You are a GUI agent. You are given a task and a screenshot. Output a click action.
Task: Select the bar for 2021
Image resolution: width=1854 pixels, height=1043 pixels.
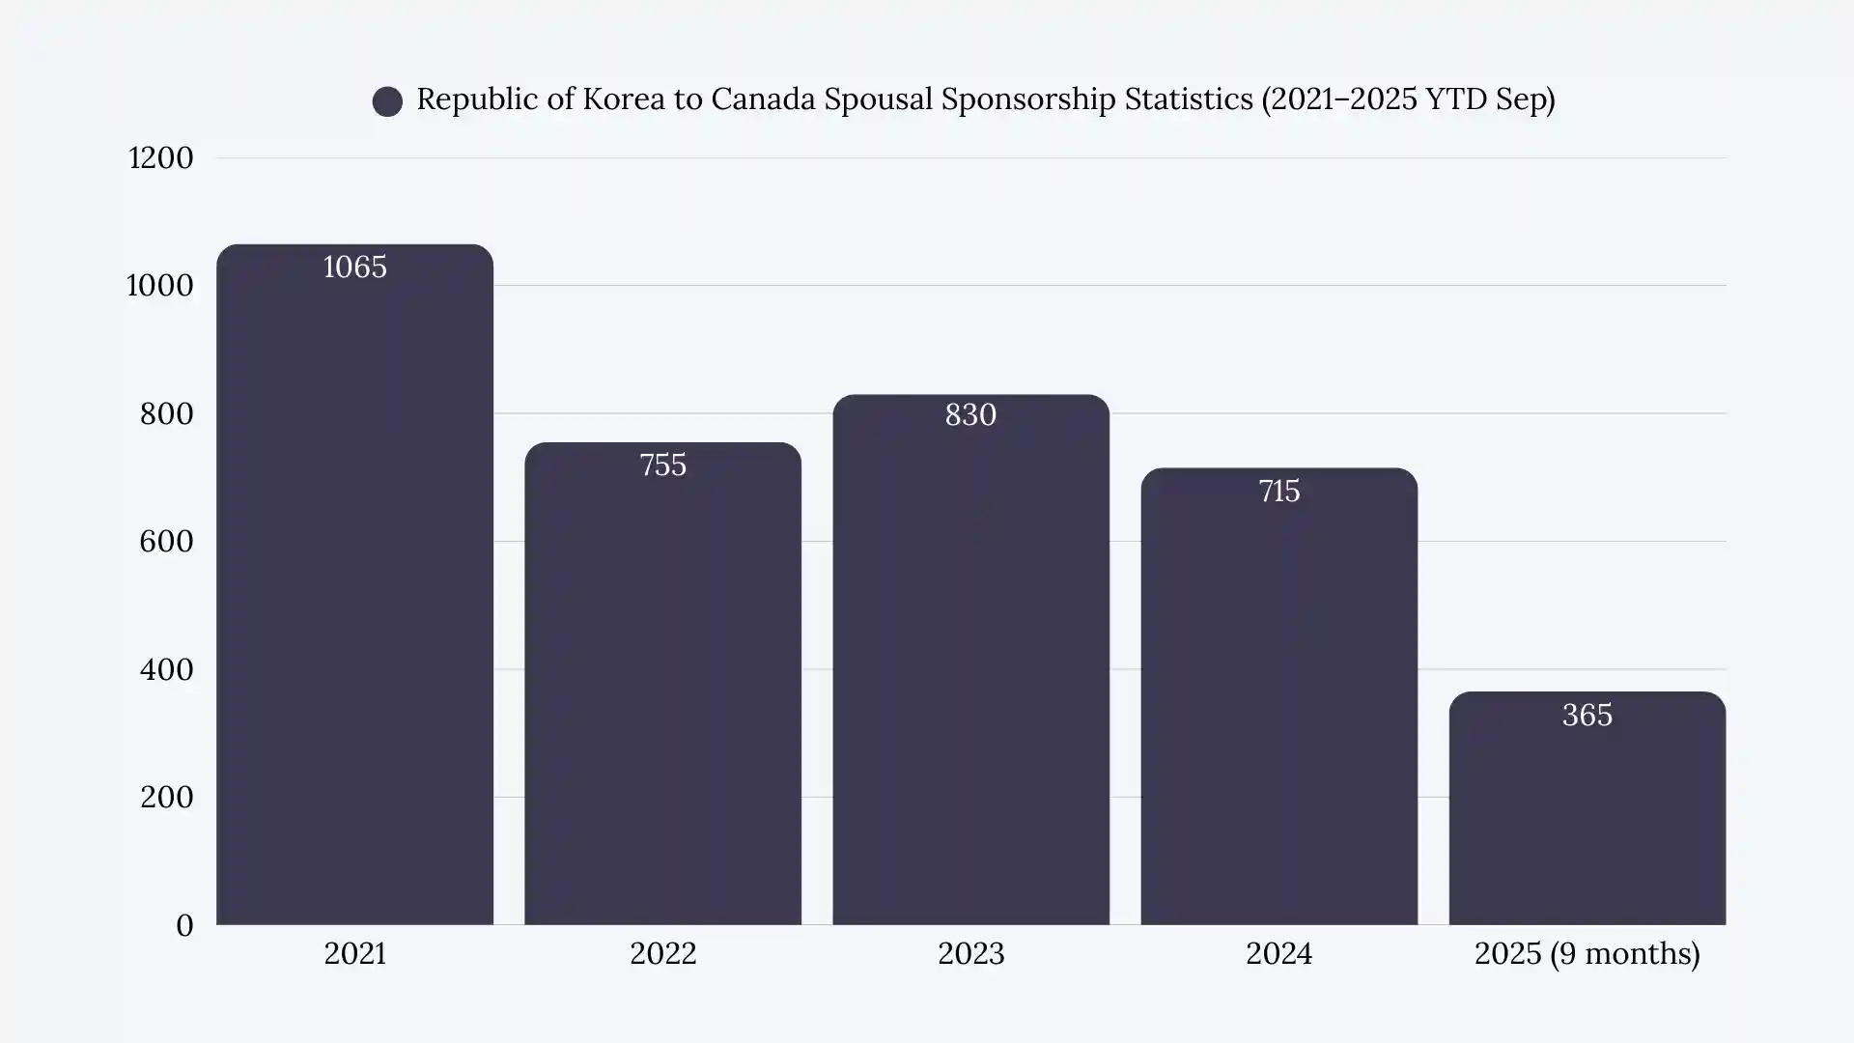[x=354, y=599]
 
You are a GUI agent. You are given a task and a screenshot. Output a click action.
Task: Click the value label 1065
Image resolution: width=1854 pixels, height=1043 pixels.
[x=354, y=268]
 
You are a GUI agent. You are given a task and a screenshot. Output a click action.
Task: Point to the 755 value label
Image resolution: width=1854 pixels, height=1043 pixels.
[x=662, y=465]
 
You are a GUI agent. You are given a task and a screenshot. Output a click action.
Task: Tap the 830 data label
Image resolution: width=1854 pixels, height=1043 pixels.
[x=970, y=415]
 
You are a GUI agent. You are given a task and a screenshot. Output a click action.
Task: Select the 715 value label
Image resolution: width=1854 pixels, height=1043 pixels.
[x=1278, y=492]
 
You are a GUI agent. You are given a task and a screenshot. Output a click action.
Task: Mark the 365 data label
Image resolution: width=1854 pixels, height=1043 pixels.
[x=1587, y=716]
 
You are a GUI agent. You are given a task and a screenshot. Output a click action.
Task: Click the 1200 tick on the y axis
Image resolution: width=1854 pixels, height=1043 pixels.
[x=161, y=158]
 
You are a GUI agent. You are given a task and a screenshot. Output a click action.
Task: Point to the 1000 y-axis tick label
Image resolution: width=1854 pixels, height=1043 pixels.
[x=160, y=286]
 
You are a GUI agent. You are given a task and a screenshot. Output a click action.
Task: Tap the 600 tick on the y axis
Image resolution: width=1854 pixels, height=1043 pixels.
[x=166, y=542]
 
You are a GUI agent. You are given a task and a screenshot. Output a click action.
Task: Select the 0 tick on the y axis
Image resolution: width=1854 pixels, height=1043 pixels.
[x=184, y=925]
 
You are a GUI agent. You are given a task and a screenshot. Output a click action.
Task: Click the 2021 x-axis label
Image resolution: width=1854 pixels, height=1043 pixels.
[x=354, y=954]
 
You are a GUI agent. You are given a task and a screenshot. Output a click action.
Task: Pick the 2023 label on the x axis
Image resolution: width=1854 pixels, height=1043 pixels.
[x=970, y=954]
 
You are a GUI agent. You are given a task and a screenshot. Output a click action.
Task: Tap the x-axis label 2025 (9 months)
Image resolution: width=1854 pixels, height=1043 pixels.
[x=1587, y=954]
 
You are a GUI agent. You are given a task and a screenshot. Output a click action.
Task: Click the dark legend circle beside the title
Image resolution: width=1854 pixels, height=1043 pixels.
[x=387, y=101]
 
